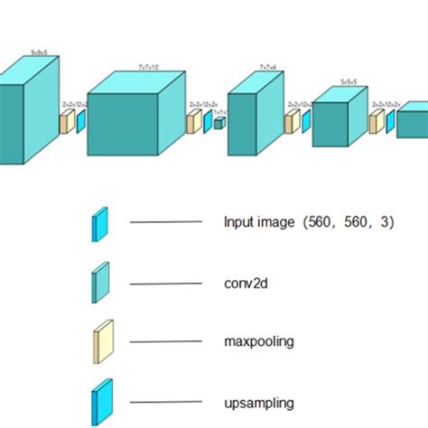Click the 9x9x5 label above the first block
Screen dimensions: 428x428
[x=39, y=53]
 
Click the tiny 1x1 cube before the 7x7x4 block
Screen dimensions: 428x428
[x=219, y=123]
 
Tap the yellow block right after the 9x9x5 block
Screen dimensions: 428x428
[x=66, y=122]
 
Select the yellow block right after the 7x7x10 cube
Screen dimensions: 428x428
[x=192, y=122]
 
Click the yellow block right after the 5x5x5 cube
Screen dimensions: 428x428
[x=375, y=122]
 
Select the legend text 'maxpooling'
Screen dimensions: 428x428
[x=258, y=341]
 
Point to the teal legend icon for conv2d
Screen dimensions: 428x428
[x=100, y=282]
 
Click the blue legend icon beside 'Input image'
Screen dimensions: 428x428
[x=100, y=223]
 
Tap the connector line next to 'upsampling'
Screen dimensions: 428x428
[x=165, y=401]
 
